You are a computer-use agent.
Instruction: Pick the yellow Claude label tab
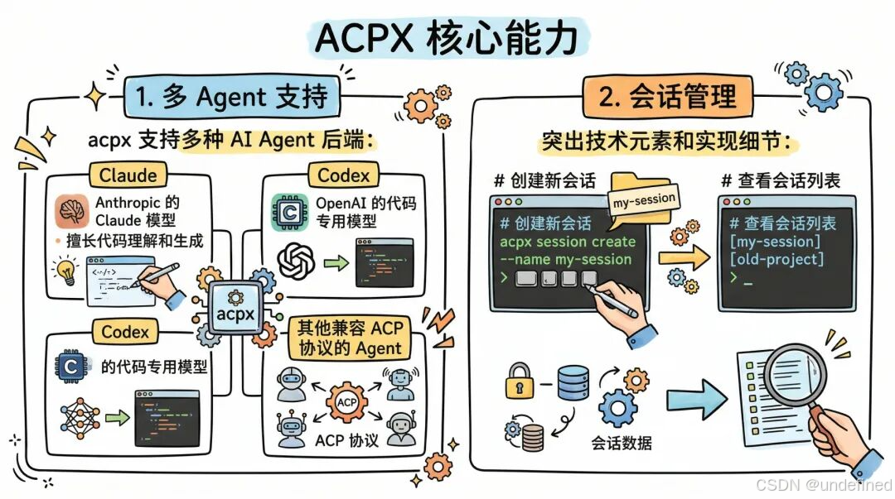coord(128,175)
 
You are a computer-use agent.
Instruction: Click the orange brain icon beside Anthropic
coord(72,211)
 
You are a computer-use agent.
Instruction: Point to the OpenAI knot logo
coord(297,262)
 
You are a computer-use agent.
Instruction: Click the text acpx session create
coord(568,242)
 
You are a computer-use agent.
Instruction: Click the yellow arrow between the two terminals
coord(685,257)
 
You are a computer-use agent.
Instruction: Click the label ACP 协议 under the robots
coord(347,439)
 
